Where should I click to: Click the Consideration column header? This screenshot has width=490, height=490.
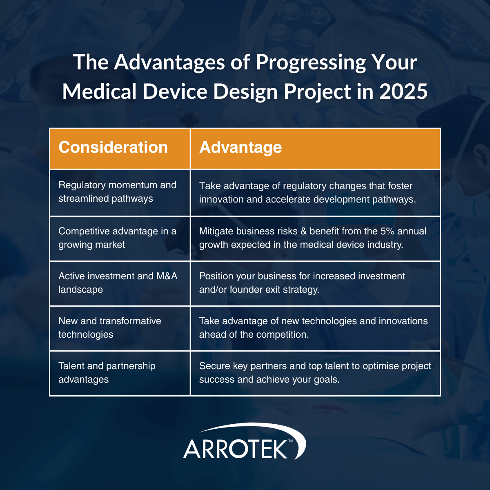tap(113, 147)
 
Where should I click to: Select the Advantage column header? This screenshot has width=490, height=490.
tap(241, 147)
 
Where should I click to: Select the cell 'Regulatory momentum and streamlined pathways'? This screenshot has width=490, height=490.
tap(118, 192)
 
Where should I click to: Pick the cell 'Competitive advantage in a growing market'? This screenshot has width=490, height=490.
tap(118, 238)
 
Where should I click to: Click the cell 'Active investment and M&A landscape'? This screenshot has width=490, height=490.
tap(118, 283)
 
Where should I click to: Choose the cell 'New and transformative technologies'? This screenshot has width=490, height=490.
tap(110, 328)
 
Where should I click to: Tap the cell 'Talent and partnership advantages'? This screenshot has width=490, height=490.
tap(107, 373)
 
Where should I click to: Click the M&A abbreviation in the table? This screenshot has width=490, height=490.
tap(167, 276)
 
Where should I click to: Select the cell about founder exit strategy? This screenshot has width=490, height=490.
tap(302, 283)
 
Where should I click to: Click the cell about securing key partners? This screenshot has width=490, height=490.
tap(315, 373)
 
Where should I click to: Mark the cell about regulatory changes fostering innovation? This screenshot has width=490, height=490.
tap(307, 193)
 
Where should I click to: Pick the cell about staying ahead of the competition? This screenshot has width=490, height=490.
tap(313, 328)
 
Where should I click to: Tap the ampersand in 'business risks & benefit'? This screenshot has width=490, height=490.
tap(303, 232)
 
